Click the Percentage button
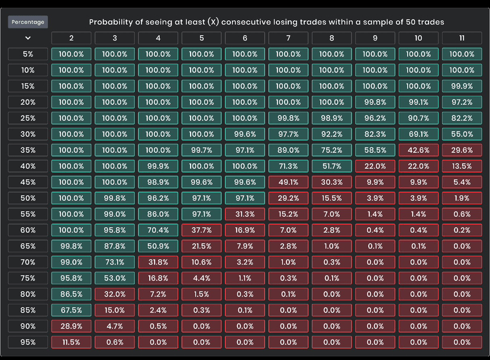(x=28, y=22)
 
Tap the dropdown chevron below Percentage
(x=28, y=38)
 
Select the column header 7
(x=288, y=38)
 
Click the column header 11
(x=462, y=38)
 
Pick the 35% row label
(x=28, y=150)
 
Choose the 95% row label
(x=28, y=342)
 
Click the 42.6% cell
(x=418, y=150)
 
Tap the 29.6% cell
(x=462, y=150)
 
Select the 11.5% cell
(x=72, y=342)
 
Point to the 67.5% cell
(x=72, y=310)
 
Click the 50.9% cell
(x=158, y=246)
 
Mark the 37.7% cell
(x=202, y=230)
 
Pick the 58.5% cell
(x=375, y=150)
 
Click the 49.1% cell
(x=288, y=182)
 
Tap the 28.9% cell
(x=72, y=326)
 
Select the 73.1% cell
(x=115, y=262)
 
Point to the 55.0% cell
(x=462, y=134)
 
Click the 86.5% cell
(x=72, y=294)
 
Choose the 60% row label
(x=28, y=230)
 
